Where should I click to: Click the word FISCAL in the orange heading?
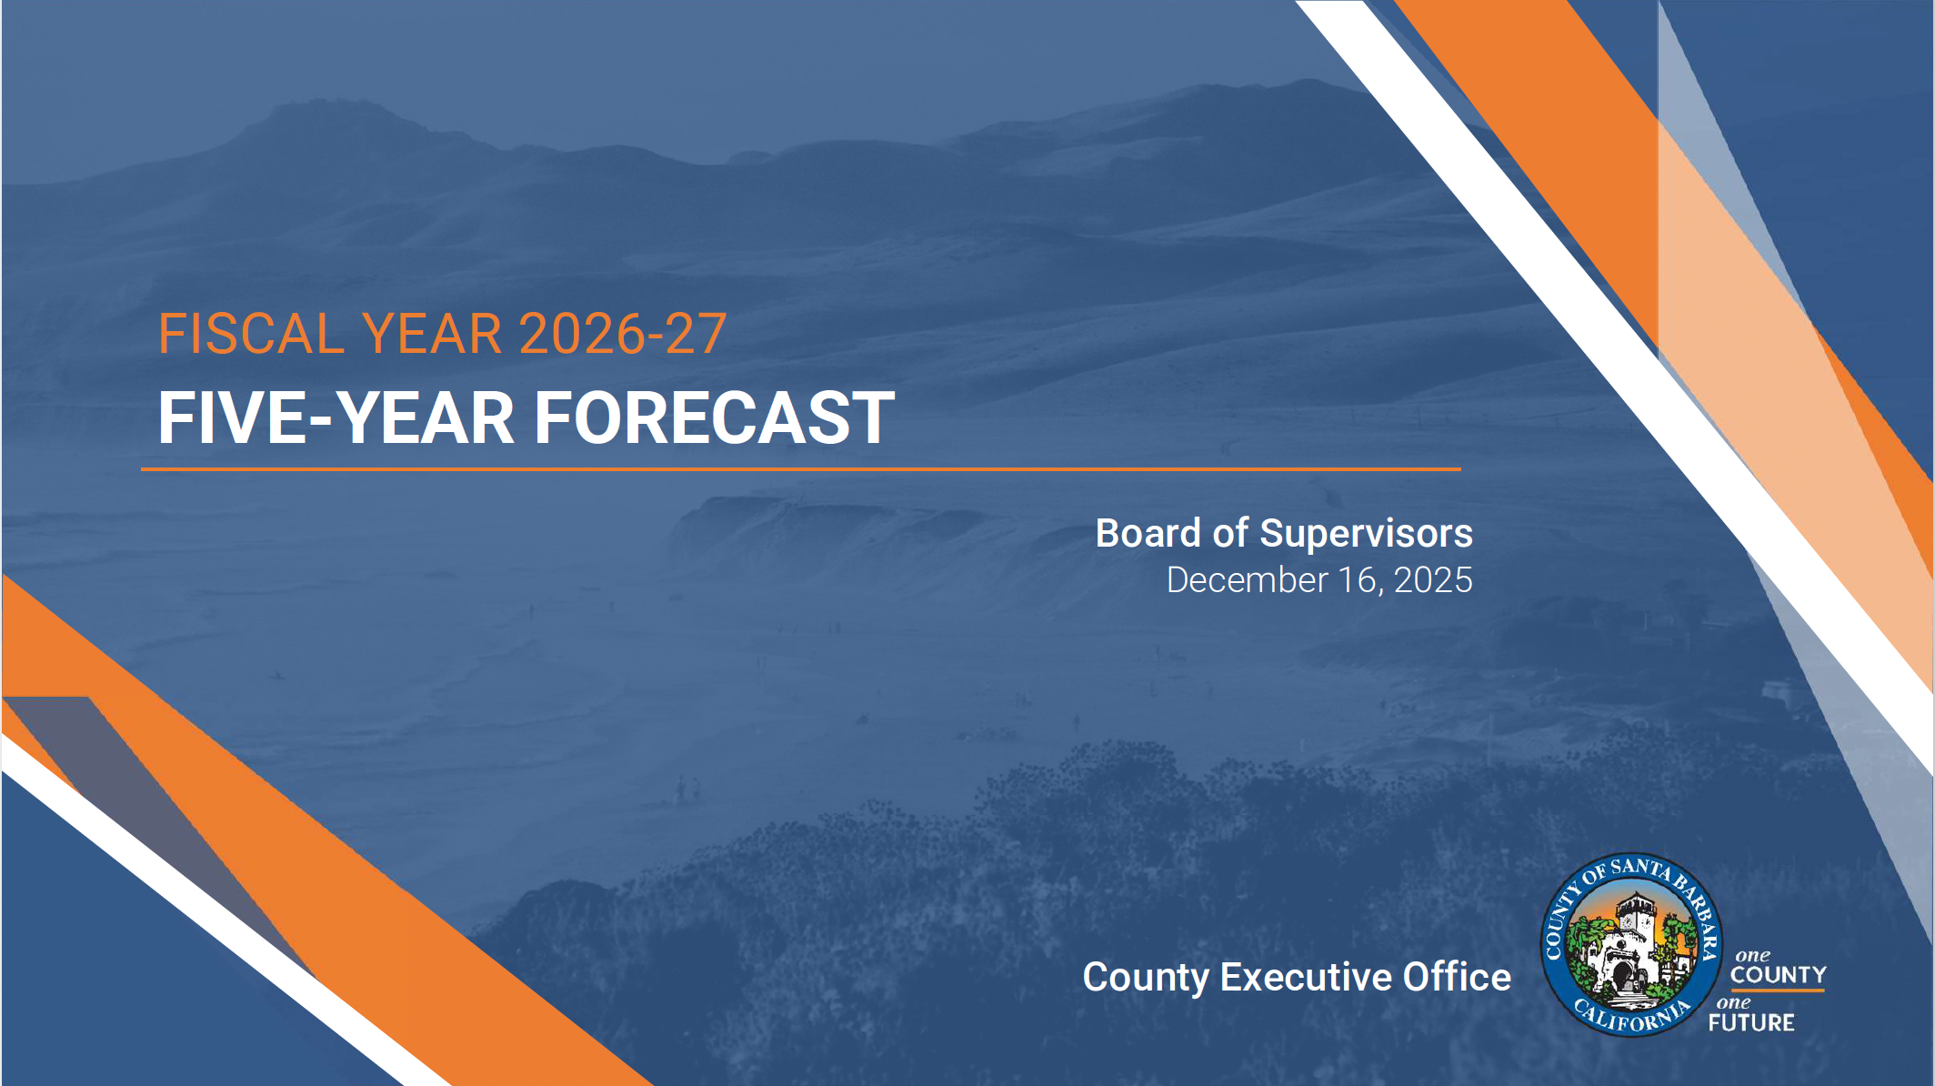tap(251, 334)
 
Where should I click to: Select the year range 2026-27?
tap(623, 334)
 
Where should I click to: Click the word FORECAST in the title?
tap(714, 418)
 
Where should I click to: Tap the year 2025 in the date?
tap(1433, 580)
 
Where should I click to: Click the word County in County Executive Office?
tap(1146, 977)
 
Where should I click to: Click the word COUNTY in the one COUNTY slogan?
tap(1778, 975)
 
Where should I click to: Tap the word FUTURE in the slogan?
tap(1751, 1023)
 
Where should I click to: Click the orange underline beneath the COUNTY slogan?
tap(1778, 990)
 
